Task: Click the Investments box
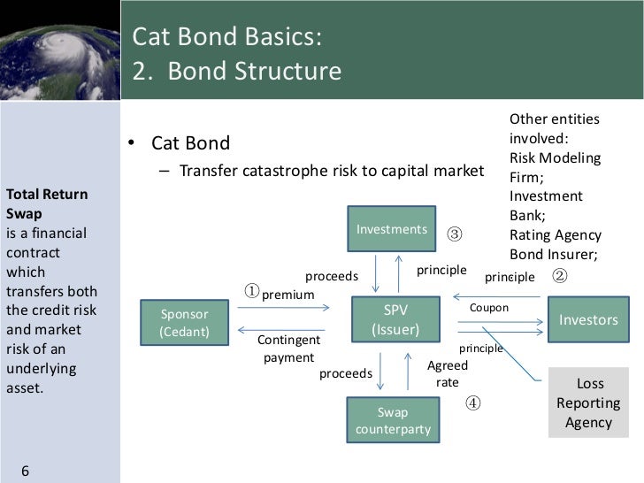click(391, 230)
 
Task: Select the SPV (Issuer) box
click(395, 320)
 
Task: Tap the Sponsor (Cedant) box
click(184, 323)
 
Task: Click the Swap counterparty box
click(393, 421)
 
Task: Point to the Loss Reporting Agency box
click(589, 403)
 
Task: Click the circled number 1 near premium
click(252, 291)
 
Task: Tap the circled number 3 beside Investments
click(454, 234)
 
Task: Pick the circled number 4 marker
click(473, 402)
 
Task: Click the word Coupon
click(489, 308)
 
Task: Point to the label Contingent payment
click(288, 349)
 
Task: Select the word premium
click(288, 295)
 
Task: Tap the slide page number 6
click(25, 470)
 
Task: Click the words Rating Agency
click(555, 235)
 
